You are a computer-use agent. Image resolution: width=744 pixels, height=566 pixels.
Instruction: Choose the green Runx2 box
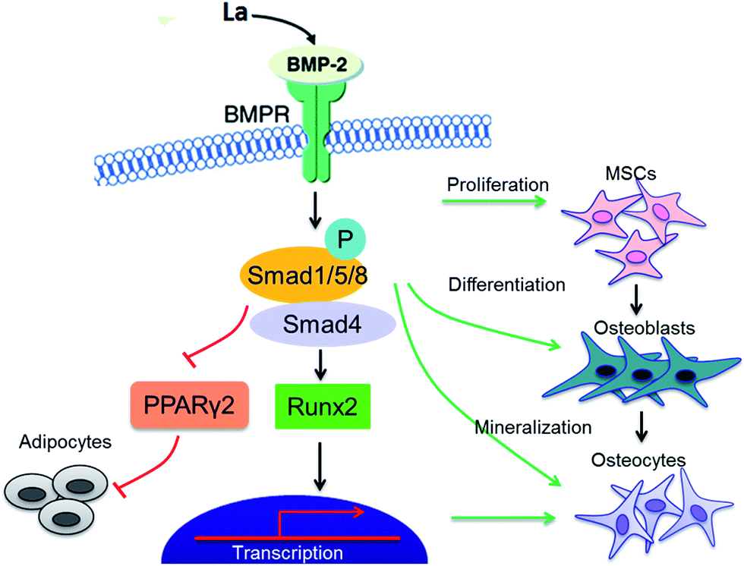click(x=322, y=403)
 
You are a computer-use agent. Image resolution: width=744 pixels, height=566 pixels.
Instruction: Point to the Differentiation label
click(x=507, y=285)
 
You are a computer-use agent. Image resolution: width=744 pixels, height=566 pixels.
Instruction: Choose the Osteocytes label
click(x=640, y=461)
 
